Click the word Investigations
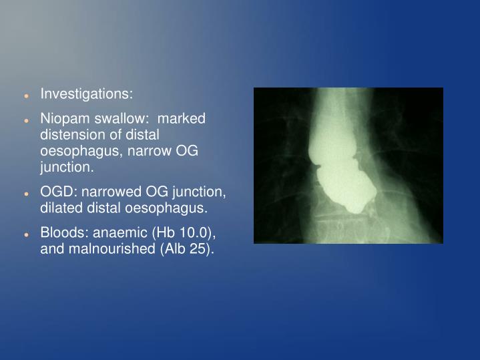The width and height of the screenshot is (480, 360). coord(87,94)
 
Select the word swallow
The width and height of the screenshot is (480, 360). coord(120,118)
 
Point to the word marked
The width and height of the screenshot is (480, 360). coord(184,118)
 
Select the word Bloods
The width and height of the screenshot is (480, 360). coord(61,232)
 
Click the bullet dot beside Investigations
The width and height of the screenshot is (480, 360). coord(25,95)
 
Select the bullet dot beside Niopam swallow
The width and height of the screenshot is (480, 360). coord(25,120)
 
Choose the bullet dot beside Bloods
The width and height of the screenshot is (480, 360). coord(25,234)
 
